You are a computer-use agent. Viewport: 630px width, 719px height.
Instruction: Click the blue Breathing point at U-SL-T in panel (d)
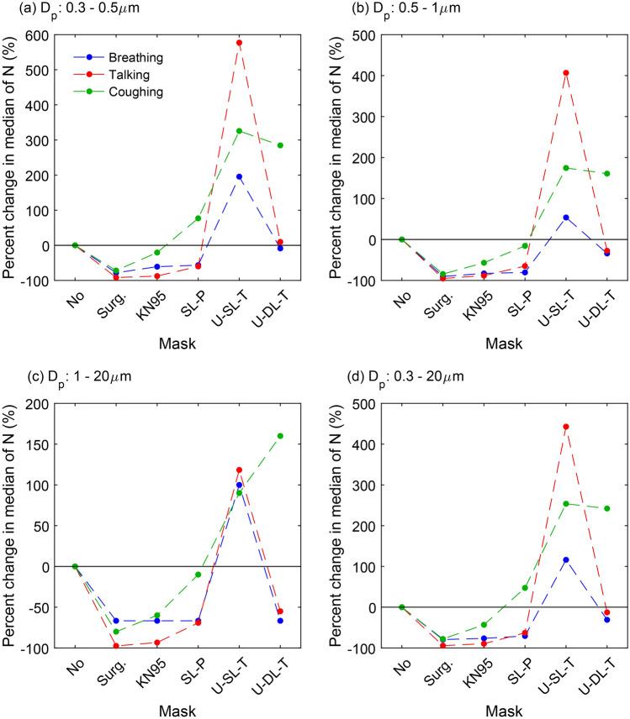click(x=565, y=559)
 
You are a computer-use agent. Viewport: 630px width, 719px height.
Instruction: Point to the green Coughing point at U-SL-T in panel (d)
click(x=565, y=503)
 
